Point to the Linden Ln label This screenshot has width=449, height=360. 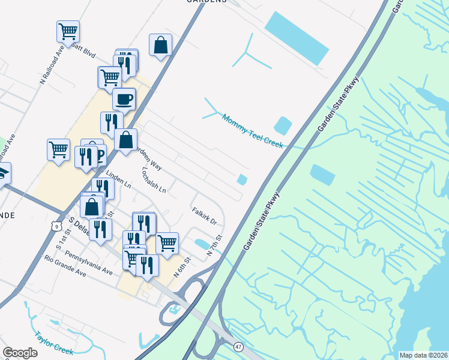(118, 179)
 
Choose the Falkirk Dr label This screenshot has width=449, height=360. (204, 216)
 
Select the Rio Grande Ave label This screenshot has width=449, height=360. (65, 266)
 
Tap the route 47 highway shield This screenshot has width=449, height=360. (239, 347)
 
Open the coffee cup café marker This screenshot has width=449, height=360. (124, 99)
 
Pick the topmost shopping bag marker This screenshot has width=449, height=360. (161, 45)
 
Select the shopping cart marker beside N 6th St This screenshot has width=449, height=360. (167, 243)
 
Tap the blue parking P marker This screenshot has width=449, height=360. (99, 157)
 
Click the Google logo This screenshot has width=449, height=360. (20, 353)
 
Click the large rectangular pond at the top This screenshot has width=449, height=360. (297, 38)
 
